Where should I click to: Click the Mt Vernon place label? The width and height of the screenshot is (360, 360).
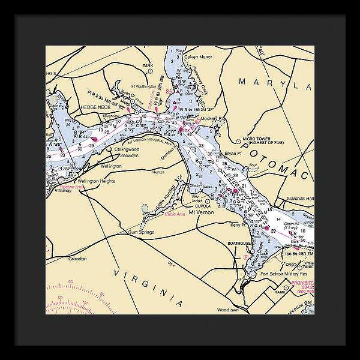coord(201,213)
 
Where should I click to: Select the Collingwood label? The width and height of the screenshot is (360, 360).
coord(127,149)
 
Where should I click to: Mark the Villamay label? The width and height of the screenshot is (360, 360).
coord(64,190)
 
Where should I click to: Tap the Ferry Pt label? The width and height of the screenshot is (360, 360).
coord(239,225)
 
